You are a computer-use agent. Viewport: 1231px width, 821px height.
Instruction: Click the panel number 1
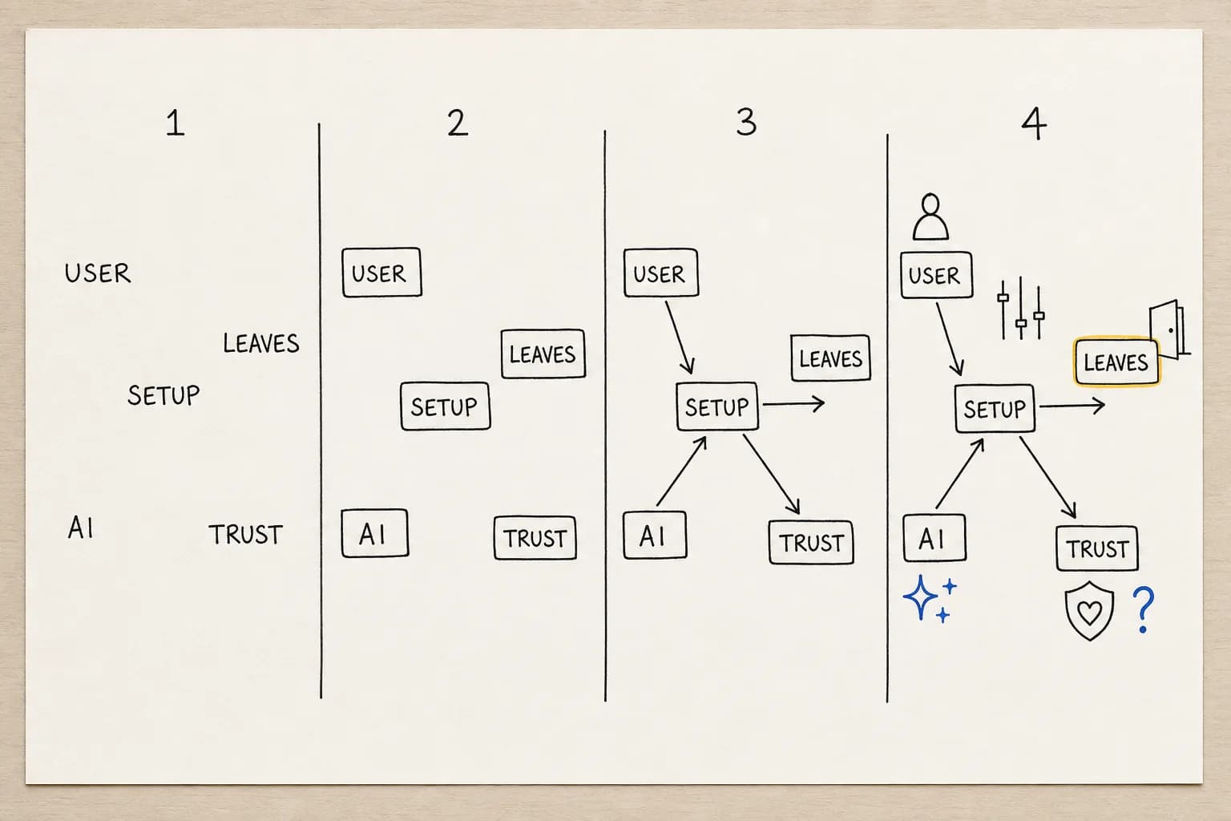[x=176, y=123]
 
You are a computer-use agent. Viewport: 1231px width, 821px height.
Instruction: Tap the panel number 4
[x=1035, y=123]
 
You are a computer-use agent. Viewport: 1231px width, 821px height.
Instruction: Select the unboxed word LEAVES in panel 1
[x=261, y=343]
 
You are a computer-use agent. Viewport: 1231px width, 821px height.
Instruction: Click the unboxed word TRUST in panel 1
[x=246, y=535]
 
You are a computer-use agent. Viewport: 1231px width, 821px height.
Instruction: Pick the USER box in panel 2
[x=382, y=273]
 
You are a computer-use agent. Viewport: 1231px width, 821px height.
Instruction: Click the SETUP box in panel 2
[x=445, y=406]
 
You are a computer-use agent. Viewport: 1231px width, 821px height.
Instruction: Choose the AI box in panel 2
[x=375, y=533]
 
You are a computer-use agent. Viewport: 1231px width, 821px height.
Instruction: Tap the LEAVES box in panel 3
[x=830, y=358]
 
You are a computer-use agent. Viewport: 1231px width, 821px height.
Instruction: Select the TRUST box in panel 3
[x=811, y=543]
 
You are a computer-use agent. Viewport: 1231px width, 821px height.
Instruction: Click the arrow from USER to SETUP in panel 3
[x=680, y=338]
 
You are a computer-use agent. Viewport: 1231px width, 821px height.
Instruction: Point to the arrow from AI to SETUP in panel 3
[x=681, y=471]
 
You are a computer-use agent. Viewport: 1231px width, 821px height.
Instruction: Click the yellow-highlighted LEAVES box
[x=1116, y=362]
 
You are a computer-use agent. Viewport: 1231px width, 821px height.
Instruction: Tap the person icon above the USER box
[x=930, y=216]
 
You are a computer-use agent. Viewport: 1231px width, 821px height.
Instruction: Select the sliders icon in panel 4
[x=1021, y=308]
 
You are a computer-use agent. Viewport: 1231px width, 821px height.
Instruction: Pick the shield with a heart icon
[x=1089, y=610]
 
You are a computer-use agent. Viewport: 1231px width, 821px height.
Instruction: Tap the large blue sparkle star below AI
[x=920, y=597]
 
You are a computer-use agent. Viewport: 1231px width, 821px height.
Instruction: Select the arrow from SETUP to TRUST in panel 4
[x=1048, y=477]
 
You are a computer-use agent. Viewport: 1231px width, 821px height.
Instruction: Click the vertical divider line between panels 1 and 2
[x=320, y=410]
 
